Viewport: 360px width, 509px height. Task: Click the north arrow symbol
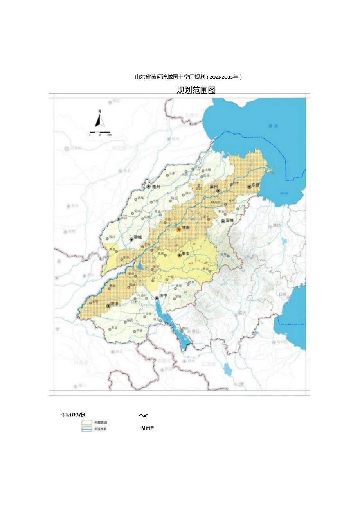100,119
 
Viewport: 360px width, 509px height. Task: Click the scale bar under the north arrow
100,133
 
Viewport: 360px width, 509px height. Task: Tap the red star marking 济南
179,230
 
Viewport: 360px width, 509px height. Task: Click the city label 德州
156,187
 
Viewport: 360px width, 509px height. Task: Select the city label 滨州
214,187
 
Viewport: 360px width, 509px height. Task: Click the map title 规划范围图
196,90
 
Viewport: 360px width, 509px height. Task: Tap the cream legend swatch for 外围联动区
86,423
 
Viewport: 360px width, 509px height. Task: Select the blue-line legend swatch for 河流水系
86,429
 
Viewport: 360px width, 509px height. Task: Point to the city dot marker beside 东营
249,187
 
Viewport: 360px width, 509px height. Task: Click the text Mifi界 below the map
147,428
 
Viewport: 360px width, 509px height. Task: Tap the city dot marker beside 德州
149,187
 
